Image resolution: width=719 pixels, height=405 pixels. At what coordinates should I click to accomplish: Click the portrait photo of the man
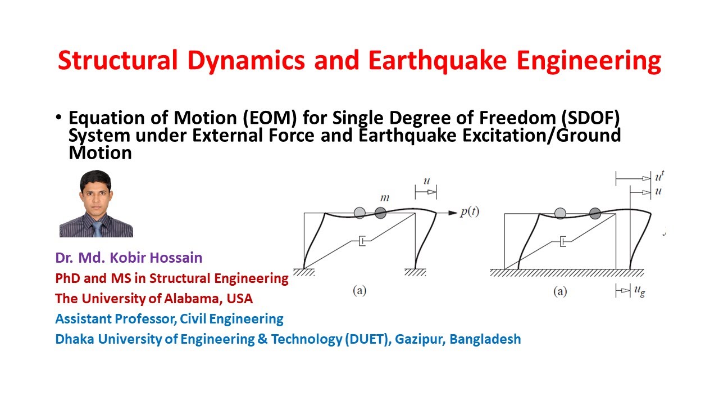pyautogui.click(x=96, y=204)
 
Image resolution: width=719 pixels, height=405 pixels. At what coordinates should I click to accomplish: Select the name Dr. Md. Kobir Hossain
pyautogui.click(x=129, y=258)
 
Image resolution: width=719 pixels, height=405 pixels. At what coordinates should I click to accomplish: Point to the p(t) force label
pyautogui.click(x=470, y=212)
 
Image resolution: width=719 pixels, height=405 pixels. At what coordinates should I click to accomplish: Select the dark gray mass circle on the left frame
pyautogui.click(x=380, y=213)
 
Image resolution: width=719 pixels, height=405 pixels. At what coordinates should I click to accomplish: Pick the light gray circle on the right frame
pyautogui.click(x=560, y=213)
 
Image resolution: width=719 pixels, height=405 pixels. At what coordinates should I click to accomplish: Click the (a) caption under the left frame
pyautogui.click(x=359, y=291)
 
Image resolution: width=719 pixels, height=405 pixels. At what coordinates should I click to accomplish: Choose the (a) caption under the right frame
pyautogui.click(x=560, y=291)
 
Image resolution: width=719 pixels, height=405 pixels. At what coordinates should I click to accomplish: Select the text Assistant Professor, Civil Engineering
pyautogui.click(x=169, y=319)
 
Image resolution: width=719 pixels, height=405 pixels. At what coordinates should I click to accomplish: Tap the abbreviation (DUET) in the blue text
pyautogui.click(x=367, y=339)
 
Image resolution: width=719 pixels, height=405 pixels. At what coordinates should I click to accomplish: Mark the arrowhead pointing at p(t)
pyautogui.click(x=452, y=213)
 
